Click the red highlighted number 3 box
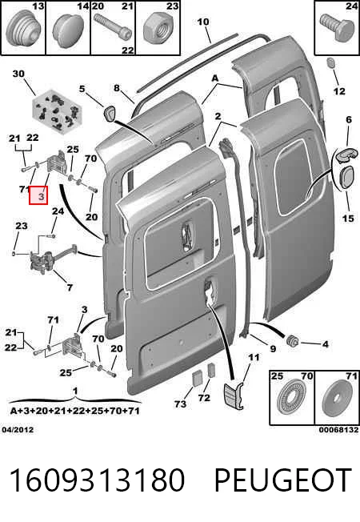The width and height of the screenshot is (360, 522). (38, 195)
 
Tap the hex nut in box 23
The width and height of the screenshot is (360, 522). (158, 30)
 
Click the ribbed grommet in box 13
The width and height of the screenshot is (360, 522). (23, 27)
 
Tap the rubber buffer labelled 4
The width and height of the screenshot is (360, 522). (293, 341)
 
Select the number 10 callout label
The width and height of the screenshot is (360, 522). (203, 22)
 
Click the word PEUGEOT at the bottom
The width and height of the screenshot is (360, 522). (283, 480)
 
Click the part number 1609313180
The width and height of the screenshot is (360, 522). (97, 480)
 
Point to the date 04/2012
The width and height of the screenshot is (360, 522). (18, 430)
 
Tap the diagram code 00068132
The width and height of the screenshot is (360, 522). (339, 430)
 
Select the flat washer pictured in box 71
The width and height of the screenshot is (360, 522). (337, 399)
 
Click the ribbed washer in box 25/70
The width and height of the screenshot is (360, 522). (292, 399)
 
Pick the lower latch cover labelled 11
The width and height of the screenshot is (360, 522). (234, 396)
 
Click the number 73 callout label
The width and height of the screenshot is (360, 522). (180, 404)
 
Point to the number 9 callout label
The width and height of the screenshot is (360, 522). (273, 348)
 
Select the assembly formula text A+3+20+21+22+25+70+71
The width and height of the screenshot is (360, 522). (74, 411)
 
